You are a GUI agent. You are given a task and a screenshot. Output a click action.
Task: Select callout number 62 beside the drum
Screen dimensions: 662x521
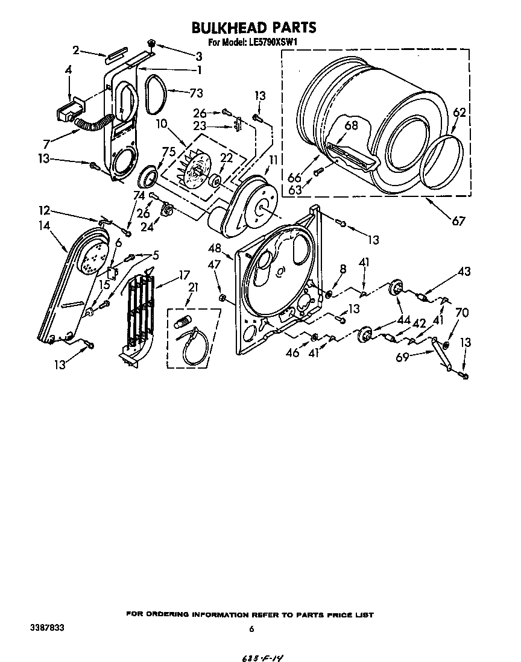click(x=459, y=112)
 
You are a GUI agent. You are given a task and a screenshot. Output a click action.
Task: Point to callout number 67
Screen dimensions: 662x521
click(x=458, y=221)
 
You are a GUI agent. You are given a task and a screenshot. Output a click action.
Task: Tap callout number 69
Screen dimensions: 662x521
click(x=402, y=358)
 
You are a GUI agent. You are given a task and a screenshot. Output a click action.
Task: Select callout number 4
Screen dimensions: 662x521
click(x=68, y=70)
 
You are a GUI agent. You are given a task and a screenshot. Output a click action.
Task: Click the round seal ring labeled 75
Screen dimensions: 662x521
click(x=148, y=178)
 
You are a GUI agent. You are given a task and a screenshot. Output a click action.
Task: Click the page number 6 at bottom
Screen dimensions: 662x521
click(x=251, y=629)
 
